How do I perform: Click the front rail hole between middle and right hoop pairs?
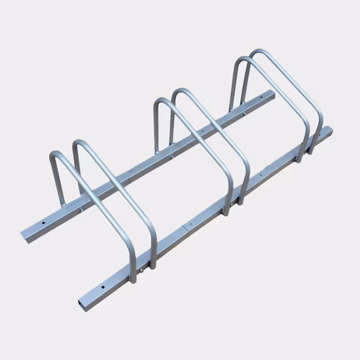point(262,176)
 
